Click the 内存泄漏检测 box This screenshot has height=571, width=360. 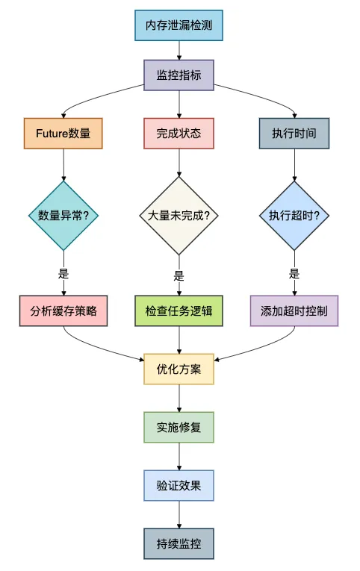click(179, 26)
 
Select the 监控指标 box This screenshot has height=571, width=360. click(179, 75)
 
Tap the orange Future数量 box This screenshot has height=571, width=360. click(63, 134)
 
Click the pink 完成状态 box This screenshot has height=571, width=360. click(179, 134)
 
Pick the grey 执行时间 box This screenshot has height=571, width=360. click(294, 134)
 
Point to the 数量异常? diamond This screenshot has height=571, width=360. click(63, 216)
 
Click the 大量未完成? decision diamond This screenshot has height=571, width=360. click(179, 216)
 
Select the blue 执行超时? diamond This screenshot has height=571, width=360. click(294, 216)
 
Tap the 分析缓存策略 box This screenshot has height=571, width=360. click(63, 311)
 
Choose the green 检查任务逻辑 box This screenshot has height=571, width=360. click(179, 311)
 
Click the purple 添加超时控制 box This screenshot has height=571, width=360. click(294, 311)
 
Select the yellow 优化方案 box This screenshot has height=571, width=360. click(179, 369)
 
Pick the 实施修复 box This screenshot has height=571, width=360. click(179, 427)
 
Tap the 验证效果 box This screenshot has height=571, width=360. click(179, 485)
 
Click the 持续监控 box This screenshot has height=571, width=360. click(179, 543)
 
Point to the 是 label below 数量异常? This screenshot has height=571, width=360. click(63, 274)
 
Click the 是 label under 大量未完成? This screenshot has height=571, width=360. click(179, 274)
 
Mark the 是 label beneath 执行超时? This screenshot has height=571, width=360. click(294, 274)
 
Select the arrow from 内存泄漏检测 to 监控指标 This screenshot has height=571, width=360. click(179, 51)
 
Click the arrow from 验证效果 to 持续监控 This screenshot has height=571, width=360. click(179, 514)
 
